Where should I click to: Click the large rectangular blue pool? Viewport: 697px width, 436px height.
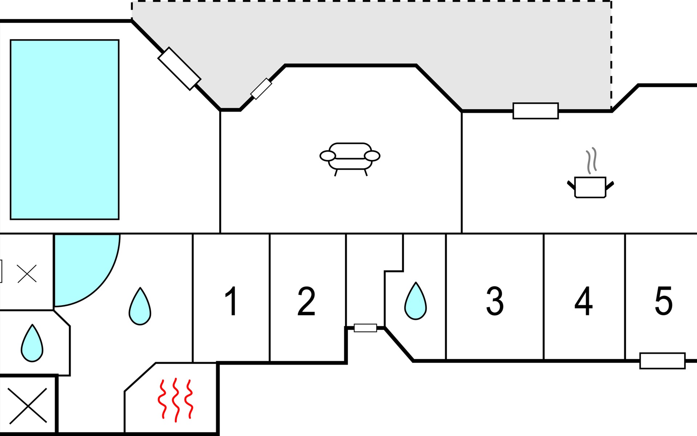(65, 130)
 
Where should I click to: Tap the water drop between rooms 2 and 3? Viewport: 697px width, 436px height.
(416, 302)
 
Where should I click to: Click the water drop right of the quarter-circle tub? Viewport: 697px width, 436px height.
(140, 307)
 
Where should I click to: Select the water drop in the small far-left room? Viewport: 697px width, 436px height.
(32, 344)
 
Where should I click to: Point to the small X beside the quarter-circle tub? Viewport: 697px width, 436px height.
(27, 274)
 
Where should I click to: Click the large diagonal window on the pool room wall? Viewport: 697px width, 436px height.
(179, 69)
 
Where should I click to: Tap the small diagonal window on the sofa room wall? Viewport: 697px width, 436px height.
(261, 89)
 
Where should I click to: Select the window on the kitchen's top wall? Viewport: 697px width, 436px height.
(535, 111)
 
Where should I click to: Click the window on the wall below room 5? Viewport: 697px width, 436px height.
(662, 361)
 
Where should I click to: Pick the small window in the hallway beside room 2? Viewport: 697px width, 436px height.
(365, 328)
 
